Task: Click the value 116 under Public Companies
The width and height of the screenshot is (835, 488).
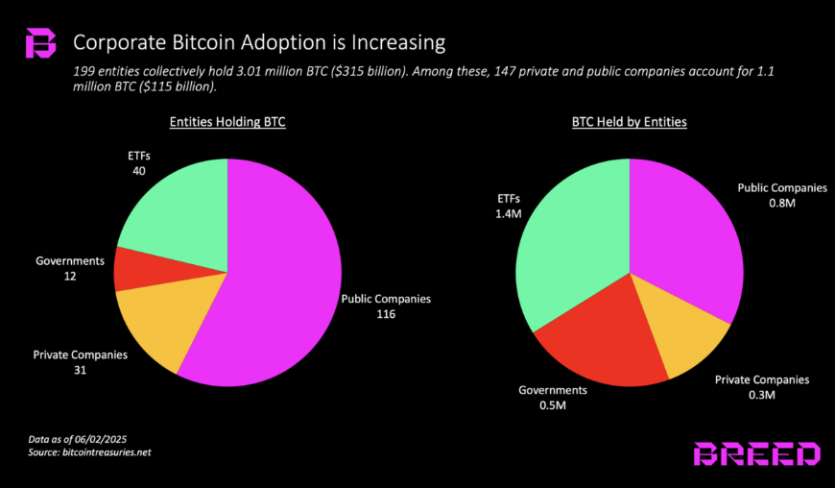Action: [x=386, y=314]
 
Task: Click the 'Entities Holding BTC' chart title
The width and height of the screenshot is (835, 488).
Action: [x=227, y=123]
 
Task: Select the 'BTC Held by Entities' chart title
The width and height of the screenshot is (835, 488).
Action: [x=630, y=123]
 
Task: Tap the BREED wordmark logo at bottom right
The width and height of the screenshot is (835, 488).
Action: [x=757, y=454]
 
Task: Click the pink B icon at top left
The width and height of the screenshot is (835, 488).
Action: [x=40, y=44]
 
